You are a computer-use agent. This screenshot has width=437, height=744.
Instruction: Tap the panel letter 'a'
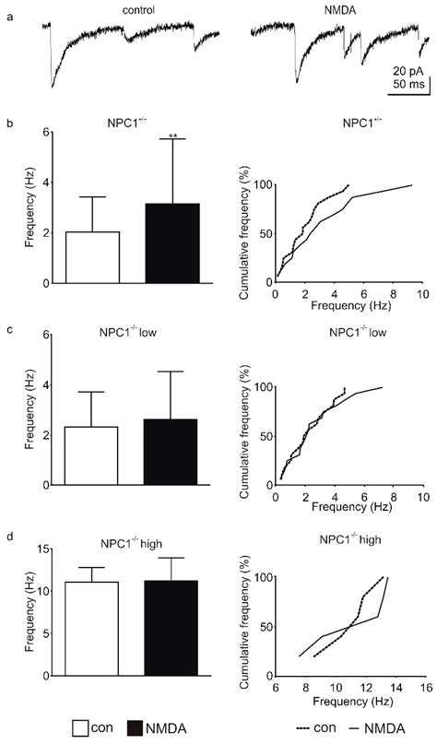pos(7,9)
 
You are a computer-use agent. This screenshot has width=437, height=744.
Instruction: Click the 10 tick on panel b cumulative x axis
pos(421,295)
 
